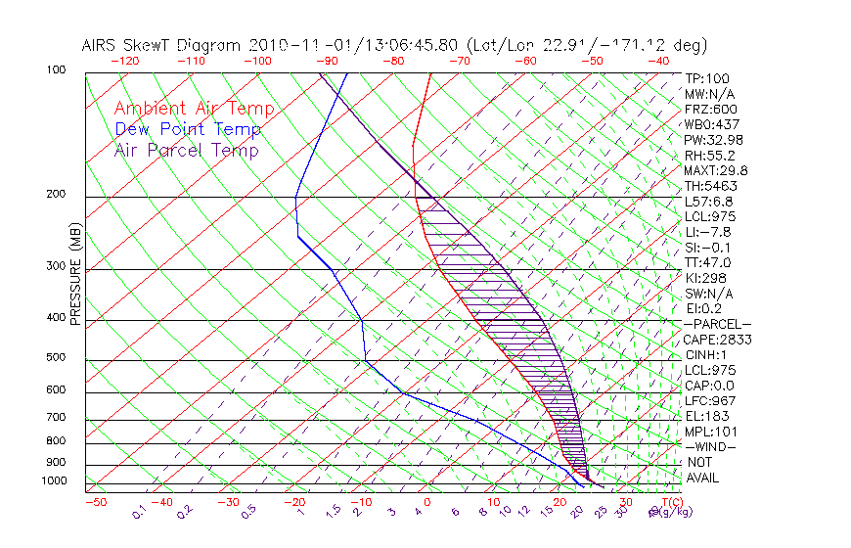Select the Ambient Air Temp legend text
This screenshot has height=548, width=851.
click(195, 109)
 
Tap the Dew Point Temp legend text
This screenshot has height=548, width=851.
click(188, 129)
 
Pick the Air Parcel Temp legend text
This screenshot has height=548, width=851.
click(187, 150)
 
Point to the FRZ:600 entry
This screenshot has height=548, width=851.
click(711, 109)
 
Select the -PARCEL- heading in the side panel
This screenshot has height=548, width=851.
click(717, 324)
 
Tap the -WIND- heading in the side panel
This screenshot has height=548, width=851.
click(711, 446)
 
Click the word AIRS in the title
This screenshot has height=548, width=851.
click(102, 45)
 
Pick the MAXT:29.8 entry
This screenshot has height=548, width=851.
click(715, 170)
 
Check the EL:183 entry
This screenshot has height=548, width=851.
click(704, 416)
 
